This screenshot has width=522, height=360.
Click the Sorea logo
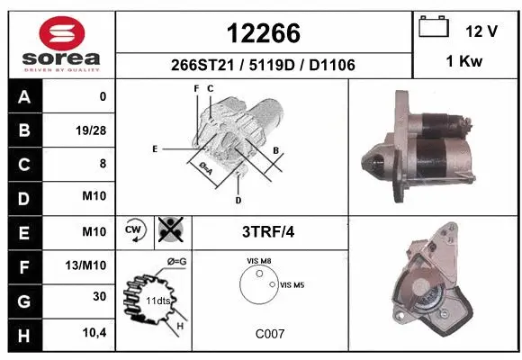(61, 43)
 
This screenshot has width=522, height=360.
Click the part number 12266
(263, 33)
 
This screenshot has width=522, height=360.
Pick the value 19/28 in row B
(93, 130)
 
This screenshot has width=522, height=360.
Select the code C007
(270, 333)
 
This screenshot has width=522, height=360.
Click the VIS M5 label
(292, 284)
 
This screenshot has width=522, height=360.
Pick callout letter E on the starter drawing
(155, 148)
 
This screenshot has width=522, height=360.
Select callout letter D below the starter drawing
(238, 199)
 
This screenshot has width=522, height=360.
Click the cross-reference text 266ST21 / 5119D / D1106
(263, 64)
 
